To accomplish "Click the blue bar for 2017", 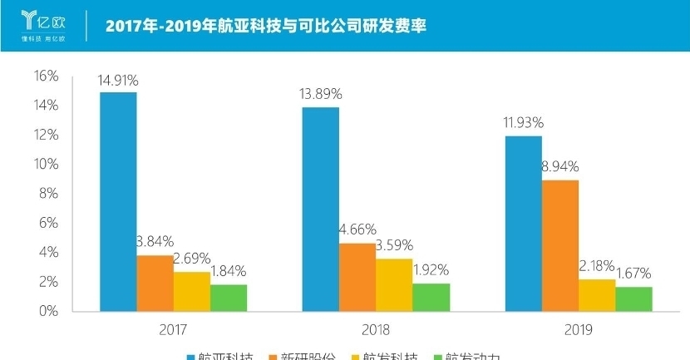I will point(118,201).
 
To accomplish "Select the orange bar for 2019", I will point(560,245).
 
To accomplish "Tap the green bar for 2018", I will point(431,297).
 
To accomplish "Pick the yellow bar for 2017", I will point(192,291).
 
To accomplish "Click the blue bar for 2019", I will point(523,223).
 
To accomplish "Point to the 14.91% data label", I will point(118,81).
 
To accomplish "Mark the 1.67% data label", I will point(633,274).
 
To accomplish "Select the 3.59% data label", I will point(395,245).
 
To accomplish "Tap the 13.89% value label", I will point(321,95).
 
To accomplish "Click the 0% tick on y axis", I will point(48,311).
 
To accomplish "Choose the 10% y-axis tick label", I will point(45,165).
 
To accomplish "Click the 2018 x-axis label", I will point(376,329).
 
